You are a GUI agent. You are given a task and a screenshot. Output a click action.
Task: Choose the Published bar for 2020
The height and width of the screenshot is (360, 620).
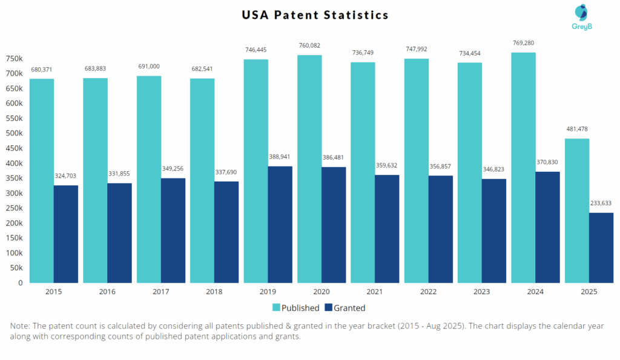(309, 169)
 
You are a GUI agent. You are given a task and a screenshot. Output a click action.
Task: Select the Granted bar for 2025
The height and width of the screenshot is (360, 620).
(601, 247)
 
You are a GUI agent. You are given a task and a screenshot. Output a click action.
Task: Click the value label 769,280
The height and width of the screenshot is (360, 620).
(523, 43)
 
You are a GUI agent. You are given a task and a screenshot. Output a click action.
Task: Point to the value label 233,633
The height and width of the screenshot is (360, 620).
(601, 203)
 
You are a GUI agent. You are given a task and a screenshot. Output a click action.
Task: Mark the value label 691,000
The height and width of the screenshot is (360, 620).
(149, 66)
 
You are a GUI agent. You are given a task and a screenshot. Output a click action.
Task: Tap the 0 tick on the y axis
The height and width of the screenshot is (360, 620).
(19, 283)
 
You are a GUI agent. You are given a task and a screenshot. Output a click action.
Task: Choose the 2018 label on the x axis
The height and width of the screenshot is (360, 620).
(214, 292)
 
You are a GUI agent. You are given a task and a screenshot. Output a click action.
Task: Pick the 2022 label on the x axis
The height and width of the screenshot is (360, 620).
(429, 292)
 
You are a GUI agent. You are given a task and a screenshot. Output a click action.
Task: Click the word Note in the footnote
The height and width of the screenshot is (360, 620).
(20, 326)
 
